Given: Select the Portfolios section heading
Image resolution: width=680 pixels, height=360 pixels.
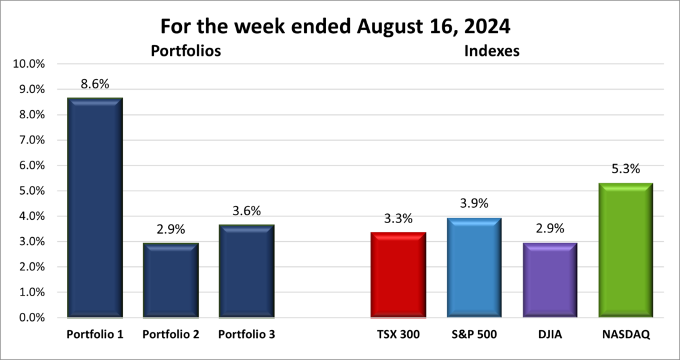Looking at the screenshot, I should [185, 50].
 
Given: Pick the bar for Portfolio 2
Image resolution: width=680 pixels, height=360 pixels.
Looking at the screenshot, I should [171, 280].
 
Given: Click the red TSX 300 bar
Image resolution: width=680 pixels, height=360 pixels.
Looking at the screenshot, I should [398, 274].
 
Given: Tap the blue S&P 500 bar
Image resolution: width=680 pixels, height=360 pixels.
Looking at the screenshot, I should [474, 267].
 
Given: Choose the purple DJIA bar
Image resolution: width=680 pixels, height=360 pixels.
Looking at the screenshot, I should [550, 280].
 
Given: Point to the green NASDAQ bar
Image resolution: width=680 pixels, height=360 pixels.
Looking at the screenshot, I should [626, 250].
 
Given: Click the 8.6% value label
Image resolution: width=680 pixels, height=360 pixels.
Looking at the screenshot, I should [95, 84].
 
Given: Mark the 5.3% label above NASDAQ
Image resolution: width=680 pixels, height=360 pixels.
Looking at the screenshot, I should [626, 169].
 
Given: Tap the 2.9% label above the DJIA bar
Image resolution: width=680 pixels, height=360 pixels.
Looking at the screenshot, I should [550, 229].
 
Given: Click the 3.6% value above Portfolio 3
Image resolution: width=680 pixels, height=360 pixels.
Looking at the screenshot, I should [247, 211].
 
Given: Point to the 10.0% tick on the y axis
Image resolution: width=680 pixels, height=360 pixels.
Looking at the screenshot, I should [28, 64].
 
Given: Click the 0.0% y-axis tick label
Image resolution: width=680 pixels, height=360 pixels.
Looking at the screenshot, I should [30, 317].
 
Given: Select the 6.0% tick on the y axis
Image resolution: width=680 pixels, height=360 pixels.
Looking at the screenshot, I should [30, 165].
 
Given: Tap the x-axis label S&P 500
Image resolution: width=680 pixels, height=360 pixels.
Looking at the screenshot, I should [474, 335].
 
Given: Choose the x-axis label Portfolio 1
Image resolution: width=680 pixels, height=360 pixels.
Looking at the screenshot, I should [95, 335].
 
